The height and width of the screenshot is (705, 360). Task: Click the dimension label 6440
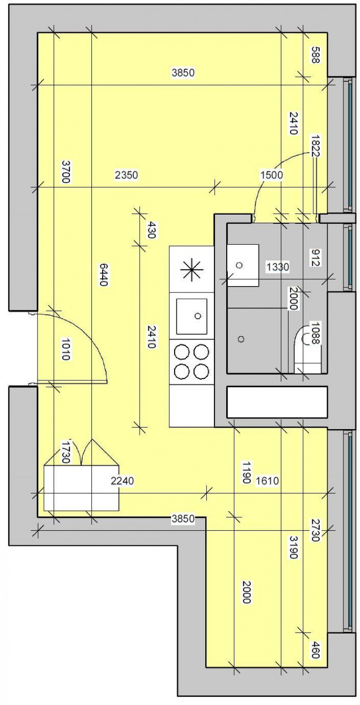click(x=103, y=274)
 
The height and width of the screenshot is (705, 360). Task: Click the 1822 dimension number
click(x=315, y=146)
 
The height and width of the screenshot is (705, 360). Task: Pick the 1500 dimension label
click(x=271, y=175)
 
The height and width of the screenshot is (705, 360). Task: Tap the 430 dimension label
click(x=151, y=230)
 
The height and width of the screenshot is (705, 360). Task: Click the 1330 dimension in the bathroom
click(x=277, y=266)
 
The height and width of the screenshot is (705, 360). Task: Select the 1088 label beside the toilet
click(x=315, y=334)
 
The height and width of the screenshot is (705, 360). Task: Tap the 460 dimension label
click(x=315, y=650)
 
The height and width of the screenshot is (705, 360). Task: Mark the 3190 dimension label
click(x=292, y=548)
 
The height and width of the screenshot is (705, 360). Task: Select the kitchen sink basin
click(x=191, y=316)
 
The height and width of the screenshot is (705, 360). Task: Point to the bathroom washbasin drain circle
click(x=239, y=265)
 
